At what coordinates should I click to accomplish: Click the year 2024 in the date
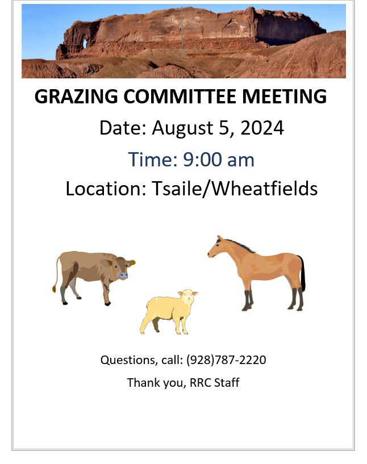(262, 128)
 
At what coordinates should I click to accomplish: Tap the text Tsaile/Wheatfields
(235, 188)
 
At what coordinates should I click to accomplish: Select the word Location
(106, 188)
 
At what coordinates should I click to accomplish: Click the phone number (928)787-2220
(226, 360)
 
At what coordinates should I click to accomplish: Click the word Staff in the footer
(227, 382)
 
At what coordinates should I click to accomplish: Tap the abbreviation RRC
(200, 382)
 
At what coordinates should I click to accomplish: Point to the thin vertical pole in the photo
(182, 34)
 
